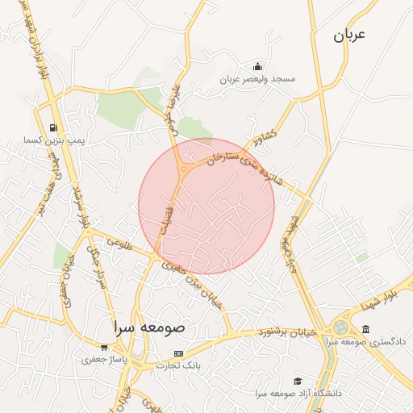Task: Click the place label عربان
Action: tap(348, 35)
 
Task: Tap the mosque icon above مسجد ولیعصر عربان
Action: tap(257, 65)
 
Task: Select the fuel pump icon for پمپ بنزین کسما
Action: tap(53, 127)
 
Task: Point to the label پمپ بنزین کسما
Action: tap(54, 140)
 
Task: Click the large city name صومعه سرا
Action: tap(149, 328)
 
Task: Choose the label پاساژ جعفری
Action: tap(99, 361)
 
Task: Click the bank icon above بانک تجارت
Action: tap(178, 353)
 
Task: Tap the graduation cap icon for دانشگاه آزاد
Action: tap(298, 380)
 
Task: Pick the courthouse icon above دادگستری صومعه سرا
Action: tap(366, 329)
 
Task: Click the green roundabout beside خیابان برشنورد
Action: tap(340, 328)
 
